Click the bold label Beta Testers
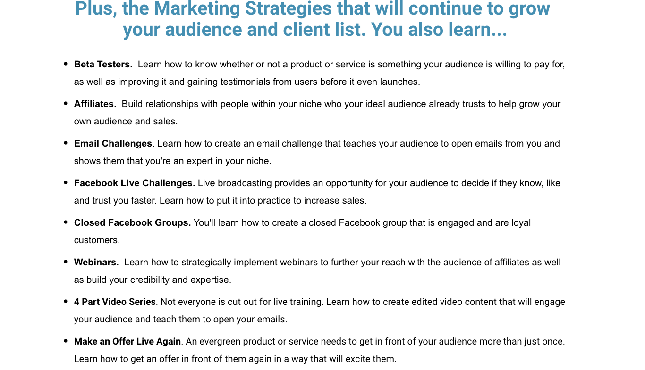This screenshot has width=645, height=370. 103,64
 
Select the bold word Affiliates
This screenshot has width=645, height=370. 95,104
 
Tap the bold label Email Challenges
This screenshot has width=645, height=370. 113,143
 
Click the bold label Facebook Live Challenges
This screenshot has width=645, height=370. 135,183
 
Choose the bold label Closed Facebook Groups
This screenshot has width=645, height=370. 133,223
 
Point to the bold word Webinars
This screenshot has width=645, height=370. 96,262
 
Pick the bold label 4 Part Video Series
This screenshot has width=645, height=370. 115,302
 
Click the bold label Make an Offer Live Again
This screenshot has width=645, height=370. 127,342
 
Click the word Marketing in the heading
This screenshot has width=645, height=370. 197,8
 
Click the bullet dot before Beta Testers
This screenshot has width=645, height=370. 66,64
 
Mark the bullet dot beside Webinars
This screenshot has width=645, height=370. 66,262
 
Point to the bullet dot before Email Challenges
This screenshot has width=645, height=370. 66,143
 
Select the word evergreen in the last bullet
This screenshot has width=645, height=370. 221,342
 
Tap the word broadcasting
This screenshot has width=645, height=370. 245,183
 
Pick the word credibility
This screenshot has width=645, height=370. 150,280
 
